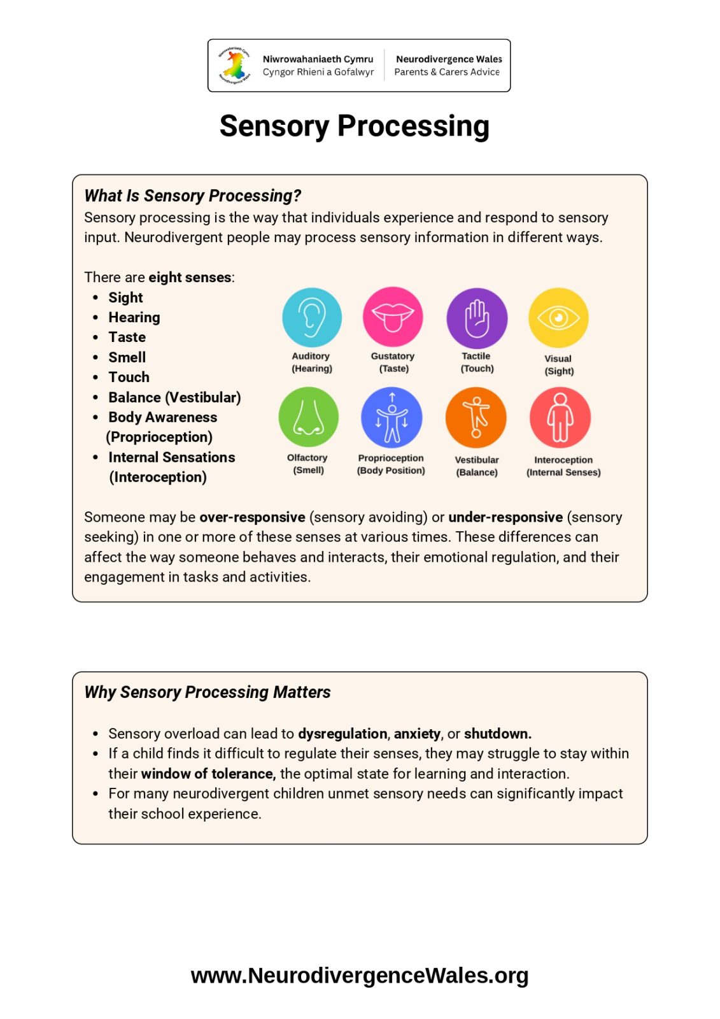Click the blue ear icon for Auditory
(x=312, y=317)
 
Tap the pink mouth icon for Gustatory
(x=393, y=317)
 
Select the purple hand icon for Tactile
(x=477, y=318)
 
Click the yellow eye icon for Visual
(x=558, y=318)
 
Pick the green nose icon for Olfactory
(x=309, y=417)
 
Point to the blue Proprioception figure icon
(x=392, y=417)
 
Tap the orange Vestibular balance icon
(x=476, y=418)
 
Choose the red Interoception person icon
(x=560, y=418)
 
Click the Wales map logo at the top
(x=234, y=66)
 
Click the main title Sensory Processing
(x=355, y=126)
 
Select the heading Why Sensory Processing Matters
(x=208, y=692)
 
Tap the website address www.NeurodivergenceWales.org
(x=360, y=975)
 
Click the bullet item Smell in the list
(x=127, y=357)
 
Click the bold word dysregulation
(x=342, y=734)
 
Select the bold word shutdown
(x=497, y=734)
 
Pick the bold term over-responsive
(x=252, y=517)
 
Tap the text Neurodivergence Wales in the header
(x=449, y=59)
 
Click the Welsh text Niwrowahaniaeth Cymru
(x=318, y=59)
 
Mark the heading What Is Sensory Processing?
(x=192, y=196)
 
